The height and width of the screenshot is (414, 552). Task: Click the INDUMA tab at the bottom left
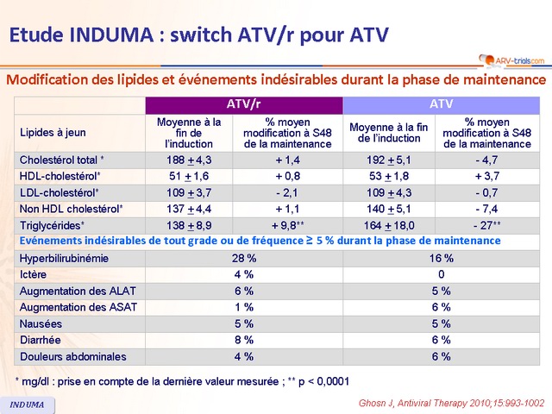[28, 405]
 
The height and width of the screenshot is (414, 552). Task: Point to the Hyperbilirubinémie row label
[65, 258]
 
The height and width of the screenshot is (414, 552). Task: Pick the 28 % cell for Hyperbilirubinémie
[244, 258]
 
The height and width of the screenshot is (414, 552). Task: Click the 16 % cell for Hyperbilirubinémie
[442, 258]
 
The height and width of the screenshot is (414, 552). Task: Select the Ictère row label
[34, 274]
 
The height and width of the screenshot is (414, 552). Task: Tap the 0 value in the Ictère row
[442, 274]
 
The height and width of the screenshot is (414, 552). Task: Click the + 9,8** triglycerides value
[293, 224]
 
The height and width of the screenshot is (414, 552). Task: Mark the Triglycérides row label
[53, 224]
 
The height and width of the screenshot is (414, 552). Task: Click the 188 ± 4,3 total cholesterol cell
[188, 160]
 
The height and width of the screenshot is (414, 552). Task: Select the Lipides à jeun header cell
[53, 133]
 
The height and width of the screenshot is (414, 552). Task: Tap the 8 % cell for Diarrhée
[244, 340]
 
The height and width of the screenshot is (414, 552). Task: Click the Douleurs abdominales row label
[72, 356]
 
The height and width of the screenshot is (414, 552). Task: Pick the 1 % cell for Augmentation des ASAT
[244, 307]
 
